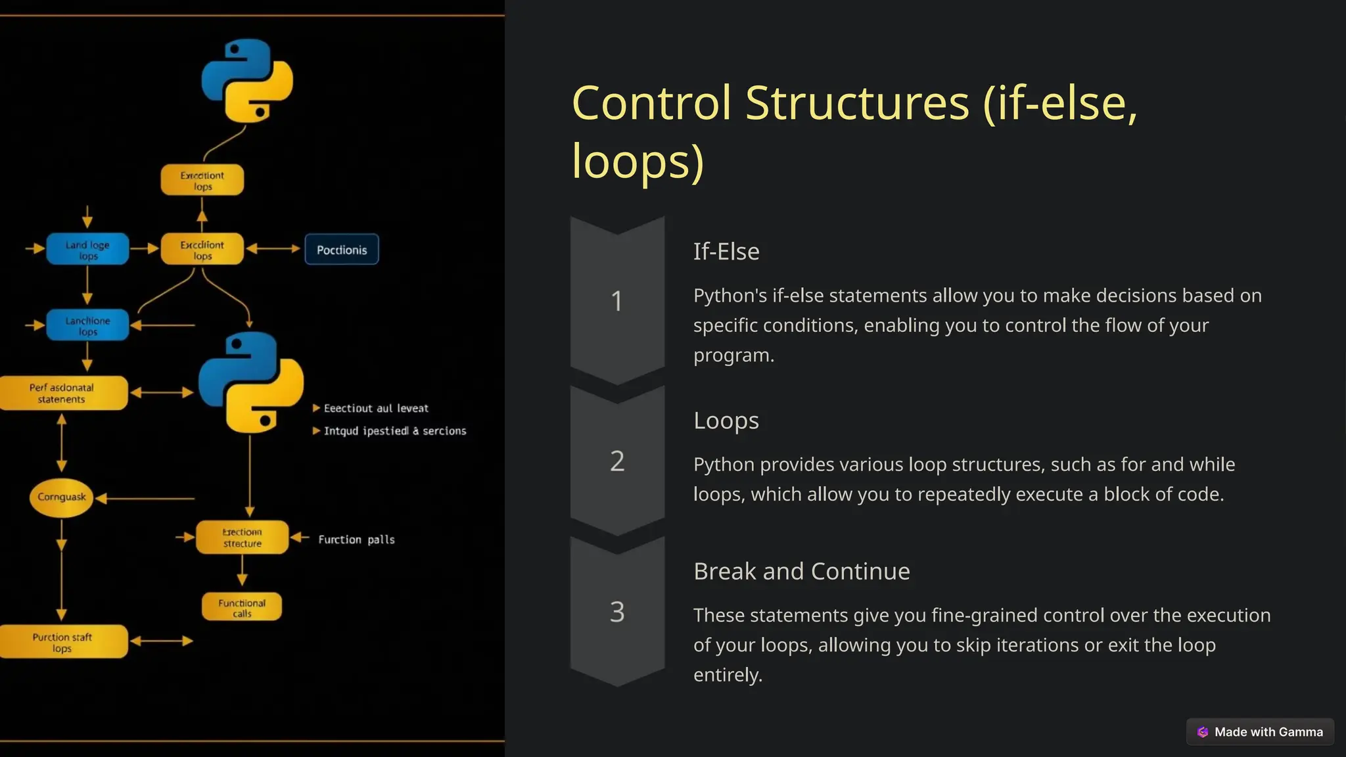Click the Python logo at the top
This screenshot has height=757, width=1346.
pos(247,81)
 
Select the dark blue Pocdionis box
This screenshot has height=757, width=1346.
pos(342,250)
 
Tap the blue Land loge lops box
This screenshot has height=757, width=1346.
pos(87,250)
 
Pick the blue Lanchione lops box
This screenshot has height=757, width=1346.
pos(87,325)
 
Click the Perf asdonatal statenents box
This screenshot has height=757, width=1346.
pos(62,393)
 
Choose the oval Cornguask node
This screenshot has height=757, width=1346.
pos(62,497)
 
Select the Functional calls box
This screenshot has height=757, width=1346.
pos(242,607)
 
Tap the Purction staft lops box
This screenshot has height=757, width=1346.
pos(62,642)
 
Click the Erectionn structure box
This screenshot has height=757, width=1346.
pos(242,538)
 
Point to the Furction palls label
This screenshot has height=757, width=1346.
pos(356,539)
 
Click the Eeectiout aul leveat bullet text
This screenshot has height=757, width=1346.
pos(375,408)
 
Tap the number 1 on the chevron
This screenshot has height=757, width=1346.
pos(616,301)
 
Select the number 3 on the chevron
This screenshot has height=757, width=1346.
pos(616,612)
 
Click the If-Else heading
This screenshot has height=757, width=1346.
pos(726,252)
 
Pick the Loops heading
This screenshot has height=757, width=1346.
pos(726,421)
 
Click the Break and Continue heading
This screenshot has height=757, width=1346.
pos(802,572)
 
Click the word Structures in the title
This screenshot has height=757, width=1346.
pos(857,103)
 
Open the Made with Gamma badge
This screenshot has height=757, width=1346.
pos(1260,731)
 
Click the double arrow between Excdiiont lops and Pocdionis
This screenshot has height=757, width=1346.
pos(273,249)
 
